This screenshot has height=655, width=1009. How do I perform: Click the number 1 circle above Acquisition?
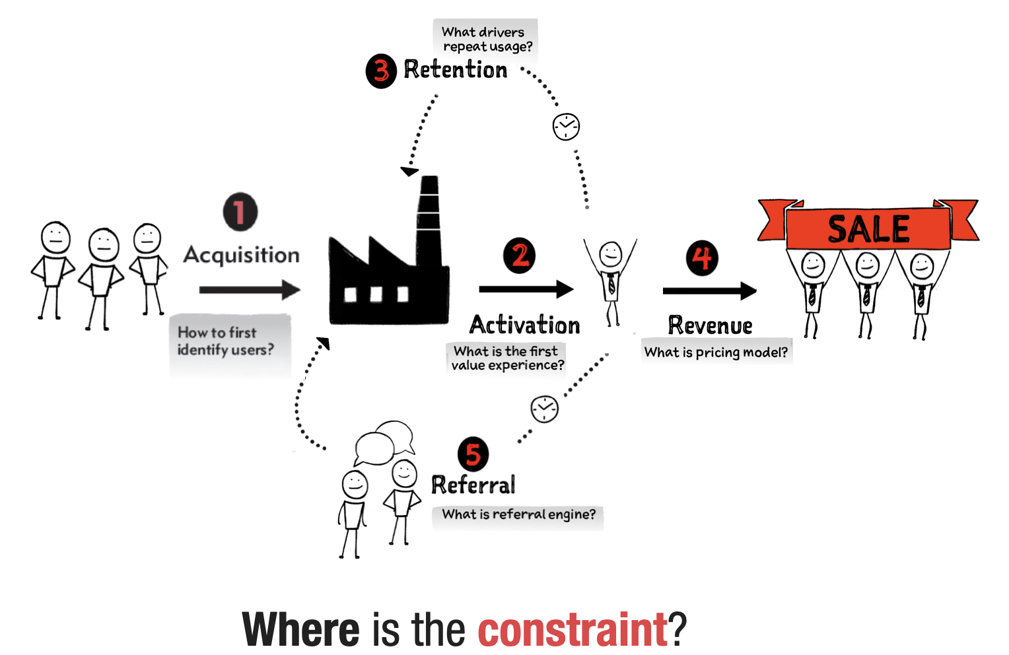coord(240,212)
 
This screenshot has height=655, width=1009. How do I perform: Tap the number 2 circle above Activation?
coord(520,256)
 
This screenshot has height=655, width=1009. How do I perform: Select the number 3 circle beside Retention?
coord(381,71)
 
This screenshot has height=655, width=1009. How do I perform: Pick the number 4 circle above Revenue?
coord(702,258)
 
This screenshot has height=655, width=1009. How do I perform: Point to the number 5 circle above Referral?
coord(473,454)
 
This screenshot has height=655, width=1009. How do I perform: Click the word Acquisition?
coord(242,256)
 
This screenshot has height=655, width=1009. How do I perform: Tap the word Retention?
coord(456,70)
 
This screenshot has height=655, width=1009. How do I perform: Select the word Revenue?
coord(711,326)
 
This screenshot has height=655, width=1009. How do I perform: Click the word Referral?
coord(473,485)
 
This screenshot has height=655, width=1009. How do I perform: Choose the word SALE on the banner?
coord(868,229)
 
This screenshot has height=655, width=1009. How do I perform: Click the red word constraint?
coord(573,629)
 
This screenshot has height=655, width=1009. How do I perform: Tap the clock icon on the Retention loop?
coord(566,127)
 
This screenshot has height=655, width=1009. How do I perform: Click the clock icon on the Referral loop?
coord(545,409)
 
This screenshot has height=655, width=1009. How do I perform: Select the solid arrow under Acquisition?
coord(250,290)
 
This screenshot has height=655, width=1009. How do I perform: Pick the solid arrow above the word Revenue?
coord(709,291)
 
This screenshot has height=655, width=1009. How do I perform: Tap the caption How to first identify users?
coord(226,341)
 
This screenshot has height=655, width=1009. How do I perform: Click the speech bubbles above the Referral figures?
coord(384,443)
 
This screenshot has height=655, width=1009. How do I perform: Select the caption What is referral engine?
coord(518,514)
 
